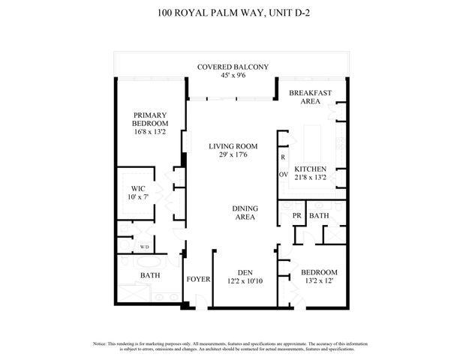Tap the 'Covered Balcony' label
pos(233,67)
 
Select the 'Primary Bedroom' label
pos(150,119)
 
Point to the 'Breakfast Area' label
pos(311,96)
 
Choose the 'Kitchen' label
pos(310,169)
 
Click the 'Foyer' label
pos(199,279)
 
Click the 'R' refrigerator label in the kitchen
pos(283,158)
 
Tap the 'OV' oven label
pos(284,175)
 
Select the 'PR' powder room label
pos(296,217)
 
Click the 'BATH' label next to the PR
pos(319,217)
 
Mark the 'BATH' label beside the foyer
pos(150,276)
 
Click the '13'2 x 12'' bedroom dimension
pos(319,281)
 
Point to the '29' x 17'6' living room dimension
pos(233,154)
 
